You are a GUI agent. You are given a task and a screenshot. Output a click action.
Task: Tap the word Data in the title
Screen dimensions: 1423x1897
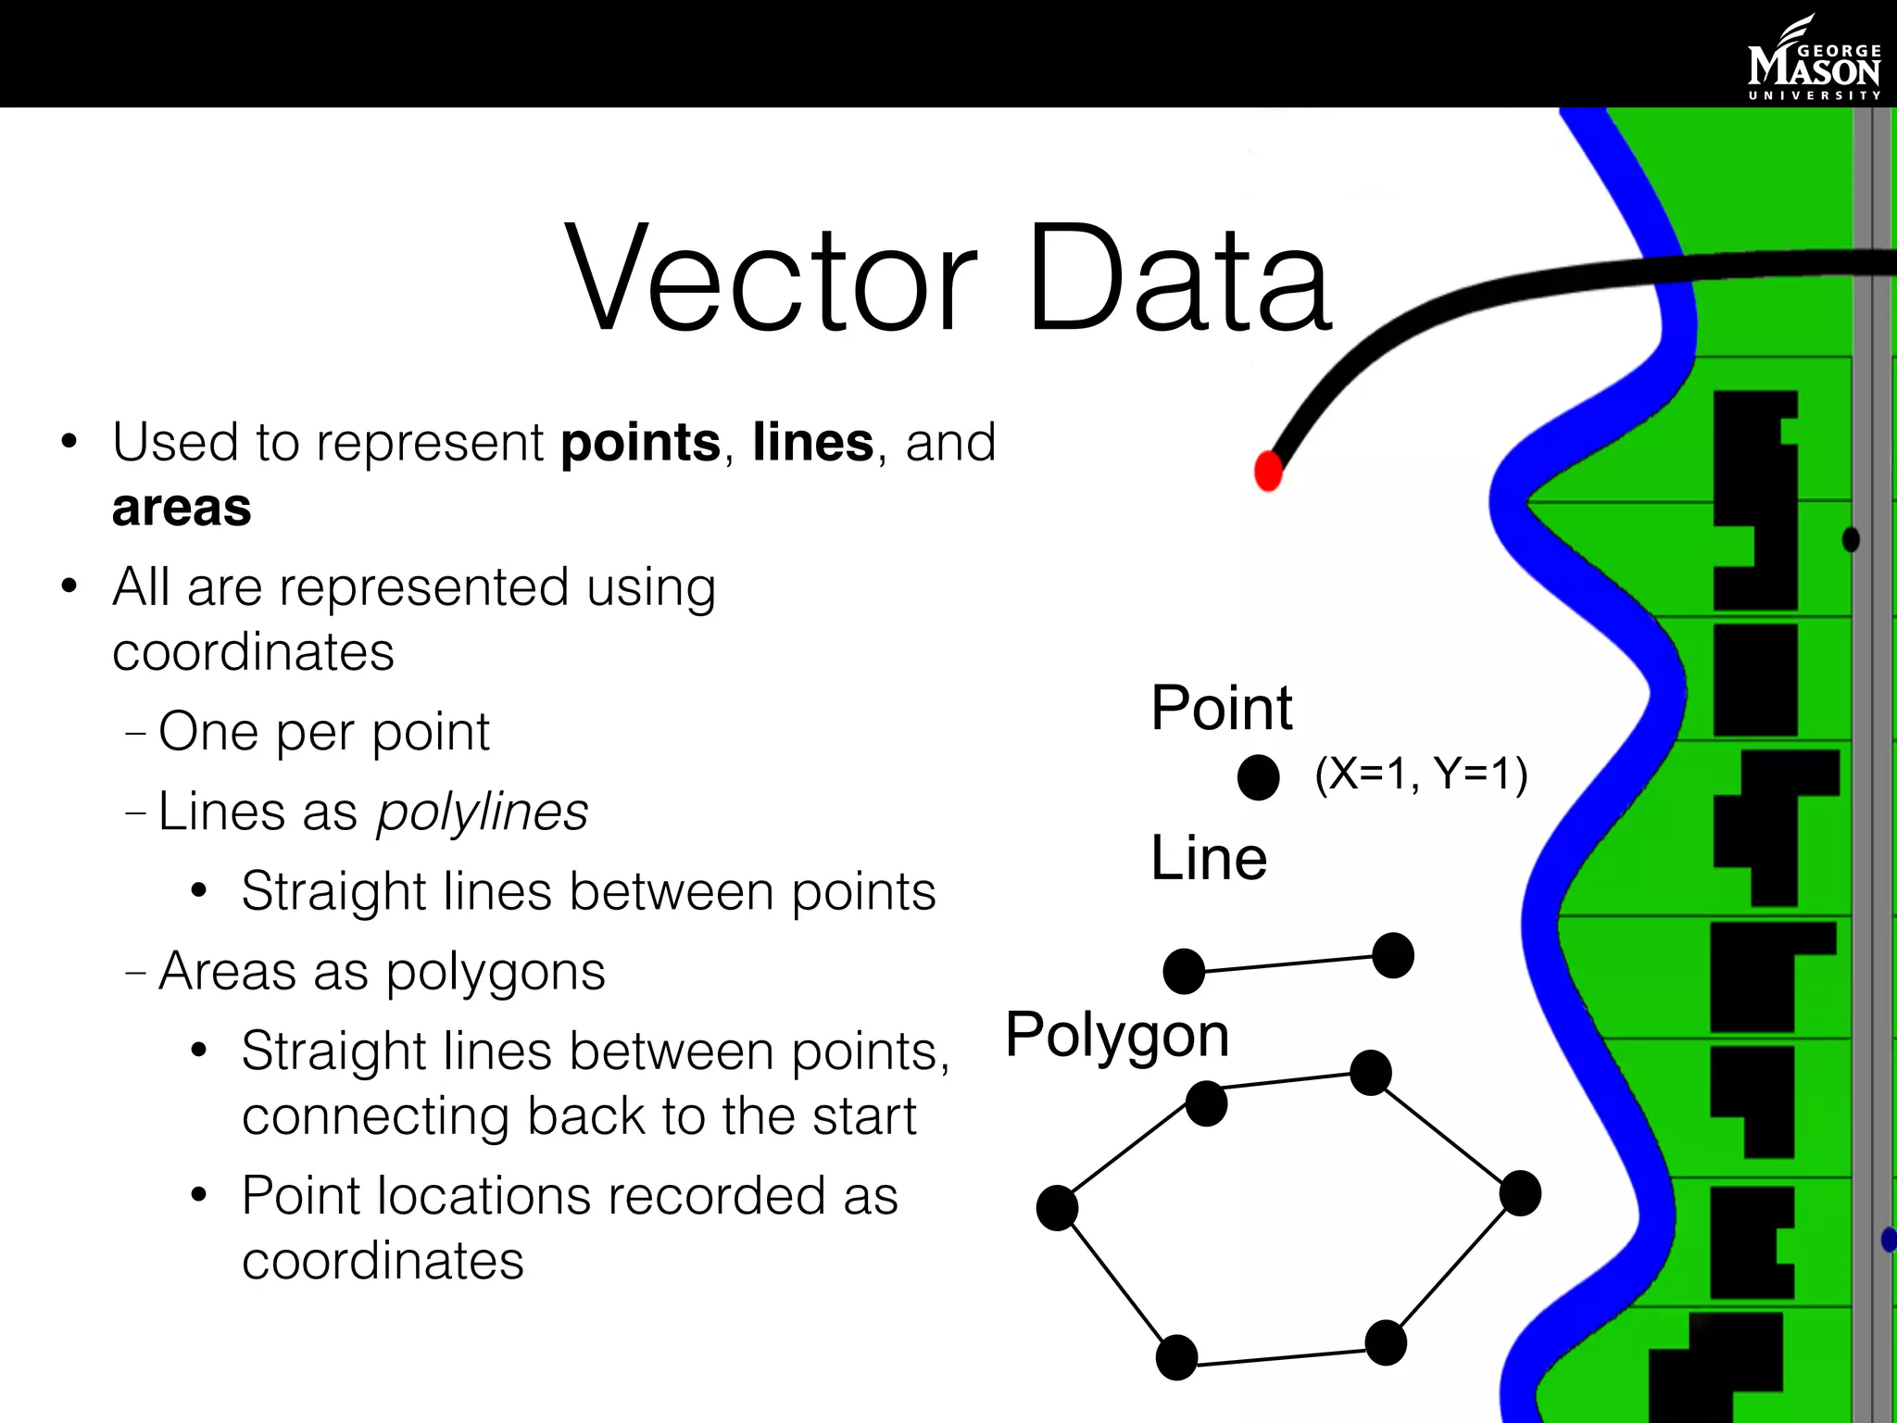[x=1178, y=278]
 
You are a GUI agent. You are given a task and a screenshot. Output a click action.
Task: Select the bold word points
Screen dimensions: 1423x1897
[x=640, y=443]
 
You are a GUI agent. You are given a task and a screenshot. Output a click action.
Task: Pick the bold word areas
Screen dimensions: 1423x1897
[x=182, y=508]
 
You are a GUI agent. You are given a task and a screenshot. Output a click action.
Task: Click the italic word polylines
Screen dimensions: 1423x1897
[x=482, y=812]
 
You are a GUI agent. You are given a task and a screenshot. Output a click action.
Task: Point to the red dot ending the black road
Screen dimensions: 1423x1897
[x=1268, y=471]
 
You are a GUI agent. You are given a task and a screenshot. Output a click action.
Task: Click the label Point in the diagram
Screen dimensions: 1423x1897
[x=1221, y=708]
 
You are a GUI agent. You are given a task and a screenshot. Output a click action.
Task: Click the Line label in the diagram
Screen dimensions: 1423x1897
[x=1209, y=858]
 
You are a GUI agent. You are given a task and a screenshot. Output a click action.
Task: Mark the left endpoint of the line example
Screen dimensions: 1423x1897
[x=1184, y=972]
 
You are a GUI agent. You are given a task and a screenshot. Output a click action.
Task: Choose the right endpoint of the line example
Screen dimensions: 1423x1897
[x=1392, y=956]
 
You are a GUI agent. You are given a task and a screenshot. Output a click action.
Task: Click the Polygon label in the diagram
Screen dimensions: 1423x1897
[x=1117, y=1035]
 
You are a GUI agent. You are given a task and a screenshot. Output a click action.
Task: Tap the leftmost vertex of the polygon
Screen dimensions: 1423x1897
[x=1057, y=1208]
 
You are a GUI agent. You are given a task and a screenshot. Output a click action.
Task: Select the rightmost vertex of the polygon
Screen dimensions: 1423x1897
[x=1520, y=1193]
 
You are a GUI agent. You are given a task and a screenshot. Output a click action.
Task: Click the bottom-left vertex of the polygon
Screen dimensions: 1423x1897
[x=1176, y=1358]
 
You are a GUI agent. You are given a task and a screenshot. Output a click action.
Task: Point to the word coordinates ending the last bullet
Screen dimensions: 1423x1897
[x=383, y=1261]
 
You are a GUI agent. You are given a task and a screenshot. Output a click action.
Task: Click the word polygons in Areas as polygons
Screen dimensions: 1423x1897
[x=496, y=972]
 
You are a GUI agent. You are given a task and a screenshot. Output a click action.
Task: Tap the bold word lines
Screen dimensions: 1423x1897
[x=812, y=443]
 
